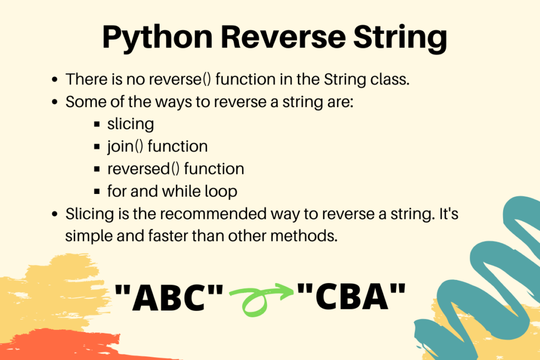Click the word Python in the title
(157, 38)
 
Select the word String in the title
(400, 38)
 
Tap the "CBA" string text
(351, 296)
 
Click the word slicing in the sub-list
(131, 124)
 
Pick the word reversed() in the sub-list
(143, 169)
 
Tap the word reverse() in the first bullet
(179, 80)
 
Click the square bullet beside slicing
(97, 124)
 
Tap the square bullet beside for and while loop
(97, 191)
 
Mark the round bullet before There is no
(54, 80)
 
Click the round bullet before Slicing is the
(54, 214)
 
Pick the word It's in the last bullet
(449, 213)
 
